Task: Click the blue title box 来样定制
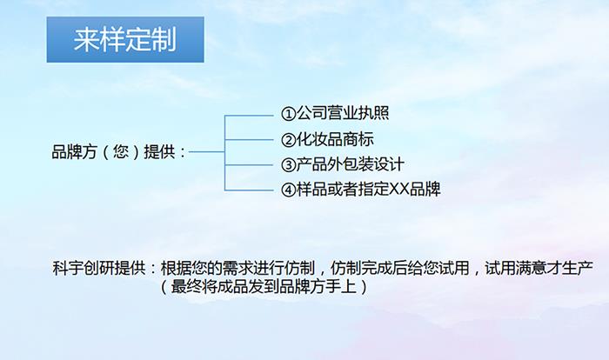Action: click(125, 39)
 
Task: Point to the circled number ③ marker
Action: click(290, 164)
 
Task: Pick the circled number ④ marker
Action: click(290, 189)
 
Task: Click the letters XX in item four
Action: click(399, 189)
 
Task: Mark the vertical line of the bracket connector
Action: click(225, 152)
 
